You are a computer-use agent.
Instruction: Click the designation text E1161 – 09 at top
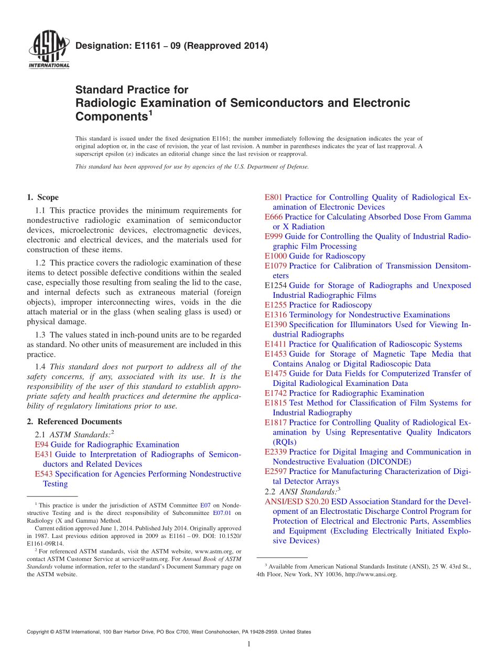(171, 46)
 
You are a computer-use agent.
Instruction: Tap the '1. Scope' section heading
(43, 198)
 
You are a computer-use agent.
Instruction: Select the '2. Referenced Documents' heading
(74, 422)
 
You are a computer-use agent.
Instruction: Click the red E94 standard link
(41, 445)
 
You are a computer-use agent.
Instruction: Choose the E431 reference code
(44, 454)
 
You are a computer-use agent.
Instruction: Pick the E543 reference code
(44, 474)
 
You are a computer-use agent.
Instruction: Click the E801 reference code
(274, 198)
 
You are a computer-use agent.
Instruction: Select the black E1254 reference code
(276, 286)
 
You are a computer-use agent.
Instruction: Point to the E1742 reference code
(276, 393)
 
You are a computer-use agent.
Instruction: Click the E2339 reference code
(276, 452)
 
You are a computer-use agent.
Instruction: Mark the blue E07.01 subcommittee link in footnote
(222, 513)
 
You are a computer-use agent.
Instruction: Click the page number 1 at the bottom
(249, 644)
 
